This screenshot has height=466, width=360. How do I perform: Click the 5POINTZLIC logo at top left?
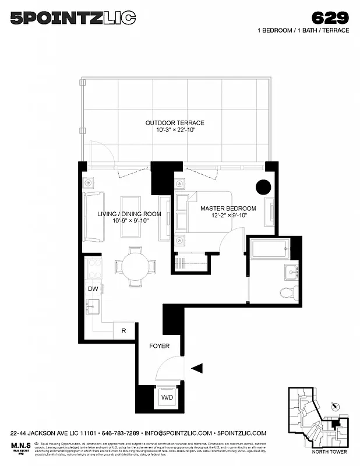(73, 18)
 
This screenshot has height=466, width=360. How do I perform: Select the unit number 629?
(330, 17)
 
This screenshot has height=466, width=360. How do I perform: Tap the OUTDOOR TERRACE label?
(175, 123)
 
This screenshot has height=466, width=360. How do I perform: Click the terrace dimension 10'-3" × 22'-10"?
(175, 130)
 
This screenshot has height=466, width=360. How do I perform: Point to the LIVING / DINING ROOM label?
(129, 214)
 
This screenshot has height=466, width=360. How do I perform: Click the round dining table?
(136, 266)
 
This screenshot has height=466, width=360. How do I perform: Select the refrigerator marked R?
(123, 330)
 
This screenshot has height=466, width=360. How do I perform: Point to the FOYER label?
(159, 346)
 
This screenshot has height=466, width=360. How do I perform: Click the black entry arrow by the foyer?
(197, 368)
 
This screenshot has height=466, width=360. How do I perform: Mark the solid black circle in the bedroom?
(263, 187)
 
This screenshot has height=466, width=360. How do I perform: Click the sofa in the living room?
(94, 216)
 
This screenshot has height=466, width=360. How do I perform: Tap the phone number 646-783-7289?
(119, 433)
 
